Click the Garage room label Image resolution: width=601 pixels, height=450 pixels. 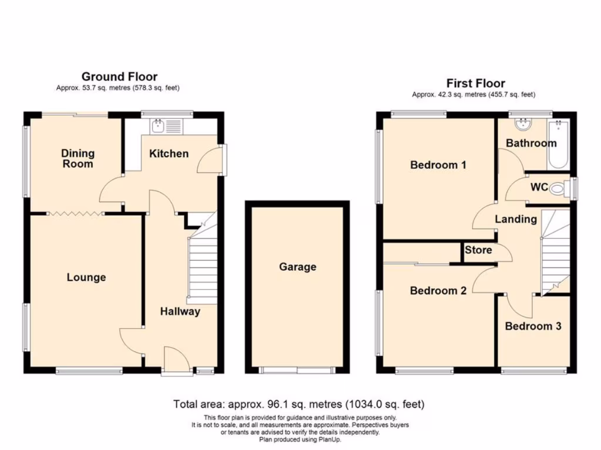pyautogui.click(x=298, y=267)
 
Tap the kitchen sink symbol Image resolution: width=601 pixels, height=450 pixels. pyautogui.click(x=158, y=125)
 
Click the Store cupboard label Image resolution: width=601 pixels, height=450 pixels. pyautogui.click(x=478, y=250)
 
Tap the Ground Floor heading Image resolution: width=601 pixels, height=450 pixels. pyautogui.click(x=119, y=77)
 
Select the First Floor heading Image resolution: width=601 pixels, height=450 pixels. pyautogui.click(x=475, y=83)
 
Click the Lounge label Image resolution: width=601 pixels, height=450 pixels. pyautogui.click(x=86, y=278)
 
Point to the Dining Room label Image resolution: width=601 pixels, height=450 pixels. pyautogui.click(x=77, y=159)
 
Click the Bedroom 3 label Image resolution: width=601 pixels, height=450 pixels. pyautogui.click(x=533, y=326)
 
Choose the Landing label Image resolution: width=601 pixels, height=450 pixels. pyautogui.click(x=516, y=219)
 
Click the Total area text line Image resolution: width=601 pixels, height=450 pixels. pyautogui.click(x=299, y=404)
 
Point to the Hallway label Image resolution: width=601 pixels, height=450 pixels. pyautogui.click(x=180, y=312)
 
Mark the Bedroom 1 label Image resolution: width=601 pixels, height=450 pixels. pyautogui.click(x=438, y=165)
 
